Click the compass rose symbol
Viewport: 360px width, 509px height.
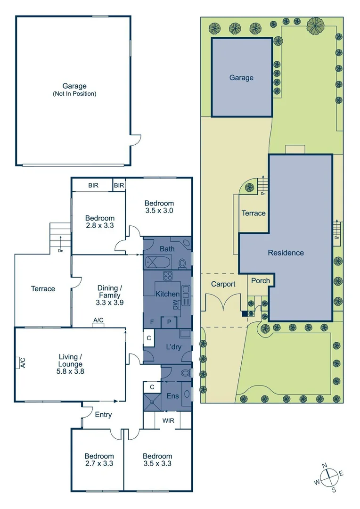(x=329, y=477)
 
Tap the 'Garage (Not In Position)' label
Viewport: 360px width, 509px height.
(x=74, y=90)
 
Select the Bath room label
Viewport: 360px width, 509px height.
(x=167, y=248)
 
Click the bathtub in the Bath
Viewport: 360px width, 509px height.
(x=155, y=262)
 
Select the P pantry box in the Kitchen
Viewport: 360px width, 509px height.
(x=169, y=322)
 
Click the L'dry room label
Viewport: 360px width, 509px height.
(x=174, y=347)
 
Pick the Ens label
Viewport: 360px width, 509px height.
(x=172, y=396)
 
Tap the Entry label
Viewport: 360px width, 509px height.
(x=103, y=415)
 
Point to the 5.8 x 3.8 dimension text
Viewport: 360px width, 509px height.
(x=71, y=371)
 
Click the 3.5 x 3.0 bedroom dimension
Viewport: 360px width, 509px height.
(x=159, y=211)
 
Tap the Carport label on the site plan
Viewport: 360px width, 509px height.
(x=223, y=284)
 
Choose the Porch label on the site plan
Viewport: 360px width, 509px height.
(x=260, y=280)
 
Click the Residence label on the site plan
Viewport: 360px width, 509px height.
(x=286, y=253)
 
